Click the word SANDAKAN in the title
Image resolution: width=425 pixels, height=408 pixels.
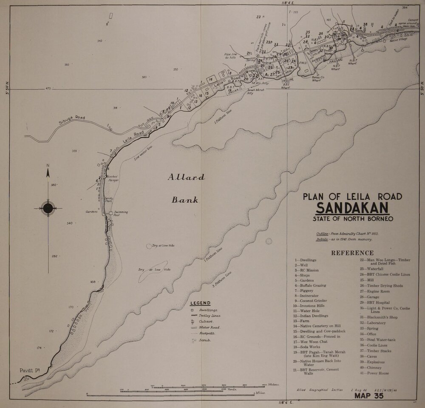352,208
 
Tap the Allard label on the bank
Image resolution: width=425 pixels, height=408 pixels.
186,178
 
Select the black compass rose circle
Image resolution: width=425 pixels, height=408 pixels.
48,208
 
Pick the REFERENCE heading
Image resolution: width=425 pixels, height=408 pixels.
352,253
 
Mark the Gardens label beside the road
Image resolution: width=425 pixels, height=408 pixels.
91,212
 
